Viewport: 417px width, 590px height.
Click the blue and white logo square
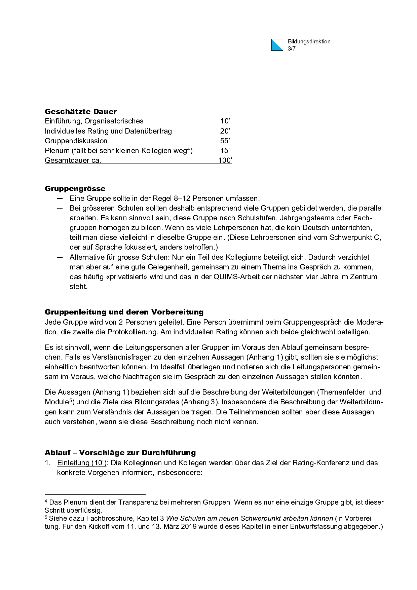click(x=277, y=45)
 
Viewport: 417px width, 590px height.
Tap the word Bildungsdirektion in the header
click(x=309, y=42)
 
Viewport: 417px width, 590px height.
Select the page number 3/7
click(x=292, y=49)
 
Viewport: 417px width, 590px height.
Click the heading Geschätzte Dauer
click(x=81, y=111)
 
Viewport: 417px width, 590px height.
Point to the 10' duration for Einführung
click(x=225, y=121)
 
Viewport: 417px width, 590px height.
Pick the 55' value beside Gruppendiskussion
click(x=225, y=141)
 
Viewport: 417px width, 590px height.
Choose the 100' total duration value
click(x=225, y=160)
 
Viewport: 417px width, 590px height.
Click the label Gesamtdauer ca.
click(x=73, y=160)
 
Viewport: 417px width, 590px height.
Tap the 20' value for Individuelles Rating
click(x=225, y=131)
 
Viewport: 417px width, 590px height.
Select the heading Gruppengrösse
click(x=75, y=188)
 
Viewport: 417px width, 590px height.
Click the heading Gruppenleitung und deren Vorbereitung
click(x=124, y=312)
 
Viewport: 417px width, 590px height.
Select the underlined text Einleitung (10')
click(x=82, y=463)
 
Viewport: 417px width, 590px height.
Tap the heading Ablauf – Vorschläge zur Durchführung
click(x=120, y=452)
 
